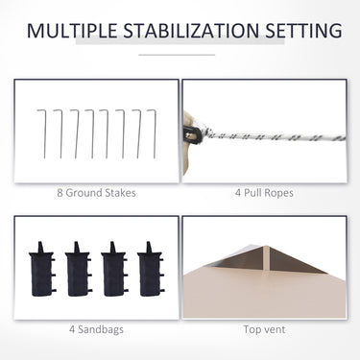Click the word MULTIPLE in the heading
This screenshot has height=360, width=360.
coord(72,31)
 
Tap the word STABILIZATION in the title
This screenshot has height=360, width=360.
coord(191,31)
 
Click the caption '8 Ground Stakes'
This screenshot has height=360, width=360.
coord(96,193)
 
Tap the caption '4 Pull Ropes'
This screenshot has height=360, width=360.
coord(264,193)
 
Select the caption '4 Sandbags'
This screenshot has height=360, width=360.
coord(96,329)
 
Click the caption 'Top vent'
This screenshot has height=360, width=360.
coord(264,329)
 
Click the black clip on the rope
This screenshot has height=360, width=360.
coord(193,134)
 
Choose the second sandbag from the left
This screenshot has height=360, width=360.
coord(78,269)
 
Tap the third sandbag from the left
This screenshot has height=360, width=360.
coord(114,269)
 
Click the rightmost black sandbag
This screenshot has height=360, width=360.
coord(151,269)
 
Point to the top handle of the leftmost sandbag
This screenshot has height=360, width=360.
coord(40,247)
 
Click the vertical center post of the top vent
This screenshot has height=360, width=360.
coord(264,261)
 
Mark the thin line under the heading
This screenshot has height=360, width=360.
coord(177,55)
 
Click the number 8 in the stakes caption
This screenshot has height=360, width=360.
coord(60,193)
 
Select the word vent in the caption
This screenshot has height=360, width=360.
coord(275,329)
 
